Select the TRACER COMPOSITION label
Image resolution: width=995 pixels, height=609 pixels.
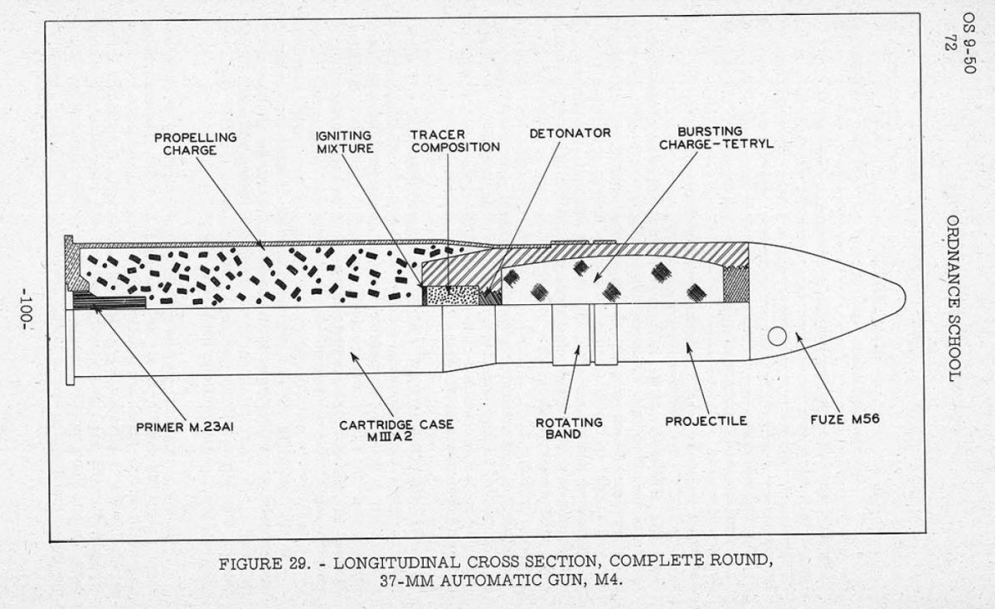tap(455, 141)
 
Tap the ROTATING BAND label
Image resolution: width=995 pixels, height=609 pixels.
tap(570, 428)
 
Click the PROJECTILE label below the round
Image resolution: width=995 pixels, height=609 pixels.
tap(706, 421)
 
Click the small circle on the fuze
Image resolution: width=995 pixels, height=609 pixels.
tap(777, 336)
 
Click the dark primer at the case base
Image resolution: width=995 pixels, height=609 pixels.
tap(109, 299)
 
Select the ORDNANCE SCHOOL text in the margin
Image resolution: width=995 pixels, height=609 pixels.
tap(953, 299)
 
